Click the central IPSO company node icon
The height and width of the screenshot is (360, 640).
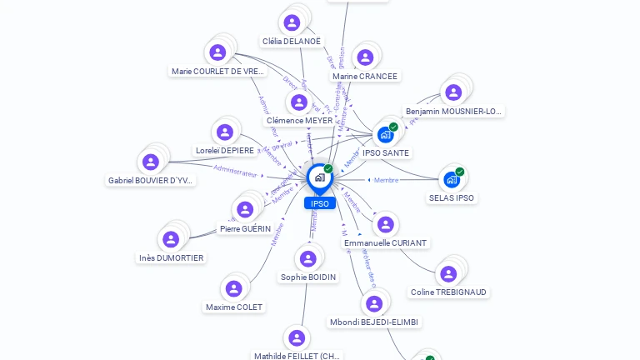coord(319,177)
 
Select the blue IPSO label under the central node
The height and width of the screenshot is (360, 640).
coord(320,203)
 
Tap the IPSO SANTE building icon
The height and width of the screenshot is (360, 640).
coord(385,134)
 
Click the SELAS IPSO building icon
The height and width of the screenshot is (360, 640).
coord(452,179)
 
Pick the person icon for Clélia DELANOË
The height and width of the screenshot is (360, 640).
coord(292,22)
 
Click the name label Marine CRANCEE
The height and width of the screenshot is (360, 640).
coord(365,77)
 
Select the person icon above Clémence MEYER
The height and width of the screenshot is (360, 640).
coord(299,102)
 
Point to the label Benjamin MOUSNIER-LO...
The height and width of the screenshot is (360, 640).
coord(454,112)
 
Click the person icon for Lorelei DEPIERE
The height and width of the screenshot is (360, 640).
coord(225,132)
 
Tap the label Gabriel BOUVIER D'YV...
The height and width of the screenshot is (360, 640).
coord(151,181)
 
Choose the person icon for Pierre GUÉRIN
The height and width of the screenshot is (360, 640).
coord(245,209)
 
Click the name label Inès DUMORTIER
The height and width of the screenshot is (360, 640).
coord(171,258)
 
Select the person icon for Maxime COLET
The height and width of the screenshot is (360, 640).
coord(233,288)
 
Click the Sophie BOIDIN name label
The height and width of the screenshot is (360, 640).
coord(308,277)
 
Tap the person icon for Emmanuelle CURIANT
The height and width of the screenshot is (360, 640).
coord(385,224)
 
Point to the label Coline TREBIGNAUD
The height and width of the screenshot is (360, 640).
coord(449,292)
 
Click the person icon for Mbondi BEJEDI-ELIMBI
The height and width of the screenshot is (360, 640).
coord(374,303)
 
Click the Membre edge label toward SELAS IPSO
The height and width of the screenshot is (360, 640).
coord(386,180)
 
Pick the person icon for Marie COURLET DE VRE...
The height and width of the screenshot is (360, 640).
coord(218,52)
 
